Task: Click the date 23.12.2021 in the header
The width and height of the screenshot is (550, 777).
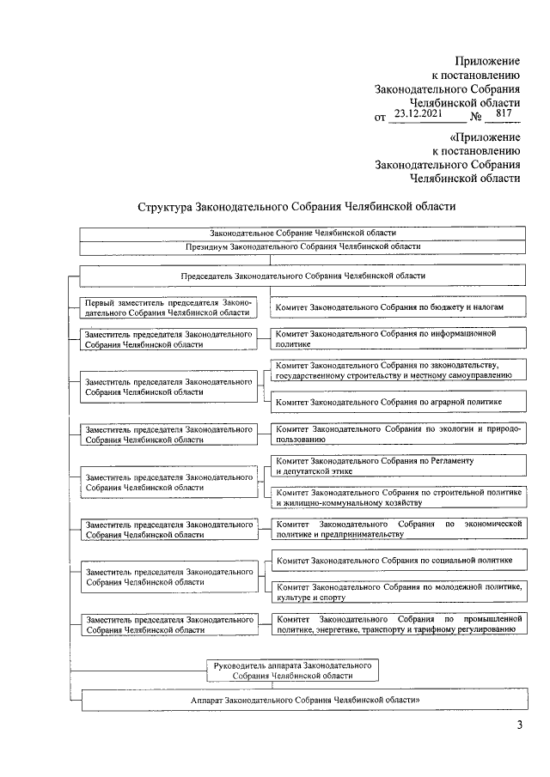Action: [416, 113]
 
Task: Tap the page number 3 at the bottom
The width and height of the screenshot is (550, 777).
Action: [519, 729]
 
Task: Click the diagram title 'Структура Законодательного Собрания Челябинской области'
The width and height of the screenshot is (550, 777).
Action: [296, 207]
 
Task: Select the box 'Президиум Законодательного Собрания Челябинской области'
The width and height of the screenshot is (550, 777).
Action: [303, 246]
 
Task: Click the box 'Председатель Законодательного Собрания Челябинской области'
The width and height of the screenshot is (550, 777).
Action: [303, 276]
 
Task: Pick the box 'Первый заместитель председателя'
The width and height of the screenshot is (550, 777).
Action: [168, 307]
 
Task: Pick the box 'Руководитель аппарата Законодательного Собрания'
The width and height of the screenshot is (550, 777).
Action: [291, 670]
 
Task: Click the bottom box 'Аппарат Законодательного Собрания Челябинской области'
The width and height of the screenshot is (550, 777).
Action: [303, 700]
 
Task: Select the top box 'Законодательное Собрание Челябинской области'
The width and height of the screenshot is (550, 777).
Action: [303, 233]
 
